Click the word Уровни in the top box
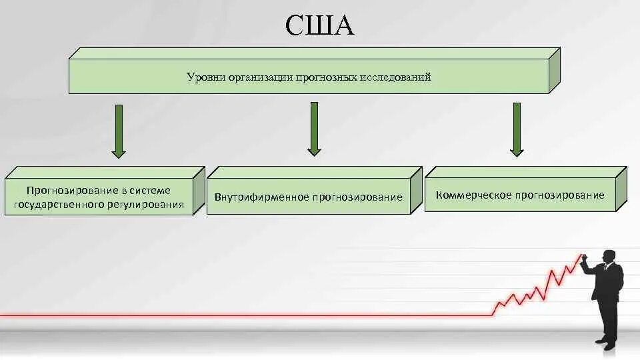pos(204,77)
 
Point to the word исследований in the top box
pos(395,77)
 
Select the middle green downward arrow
pos(315,128)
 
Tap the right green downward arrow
pos(517,129)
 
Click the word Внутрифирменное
pos(261,197)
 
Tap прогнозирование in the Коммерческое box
pos(562,195)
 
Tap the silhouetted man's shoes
pos(605,342)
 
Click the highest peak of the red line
pos(579,255)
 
